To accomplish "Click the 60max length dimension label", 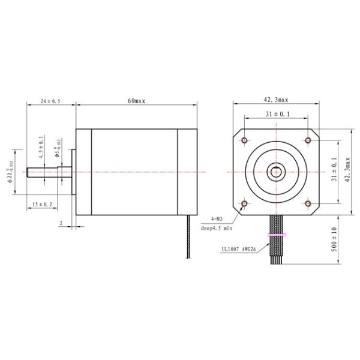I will [x=136, y=101].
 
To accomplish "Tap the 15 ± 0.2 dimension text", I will [x=42, y=205].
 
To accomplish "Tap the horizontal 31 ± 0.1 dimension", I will [x=277, y=113].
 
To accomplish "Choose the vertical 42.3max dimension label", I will [x=349, y=172].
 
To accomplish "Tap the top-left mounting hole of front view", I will [x=244, y=140].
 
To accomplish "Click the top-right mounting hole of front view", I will [x=308, y=140].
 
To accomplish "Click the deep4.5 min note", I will [x=215, y=229].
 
